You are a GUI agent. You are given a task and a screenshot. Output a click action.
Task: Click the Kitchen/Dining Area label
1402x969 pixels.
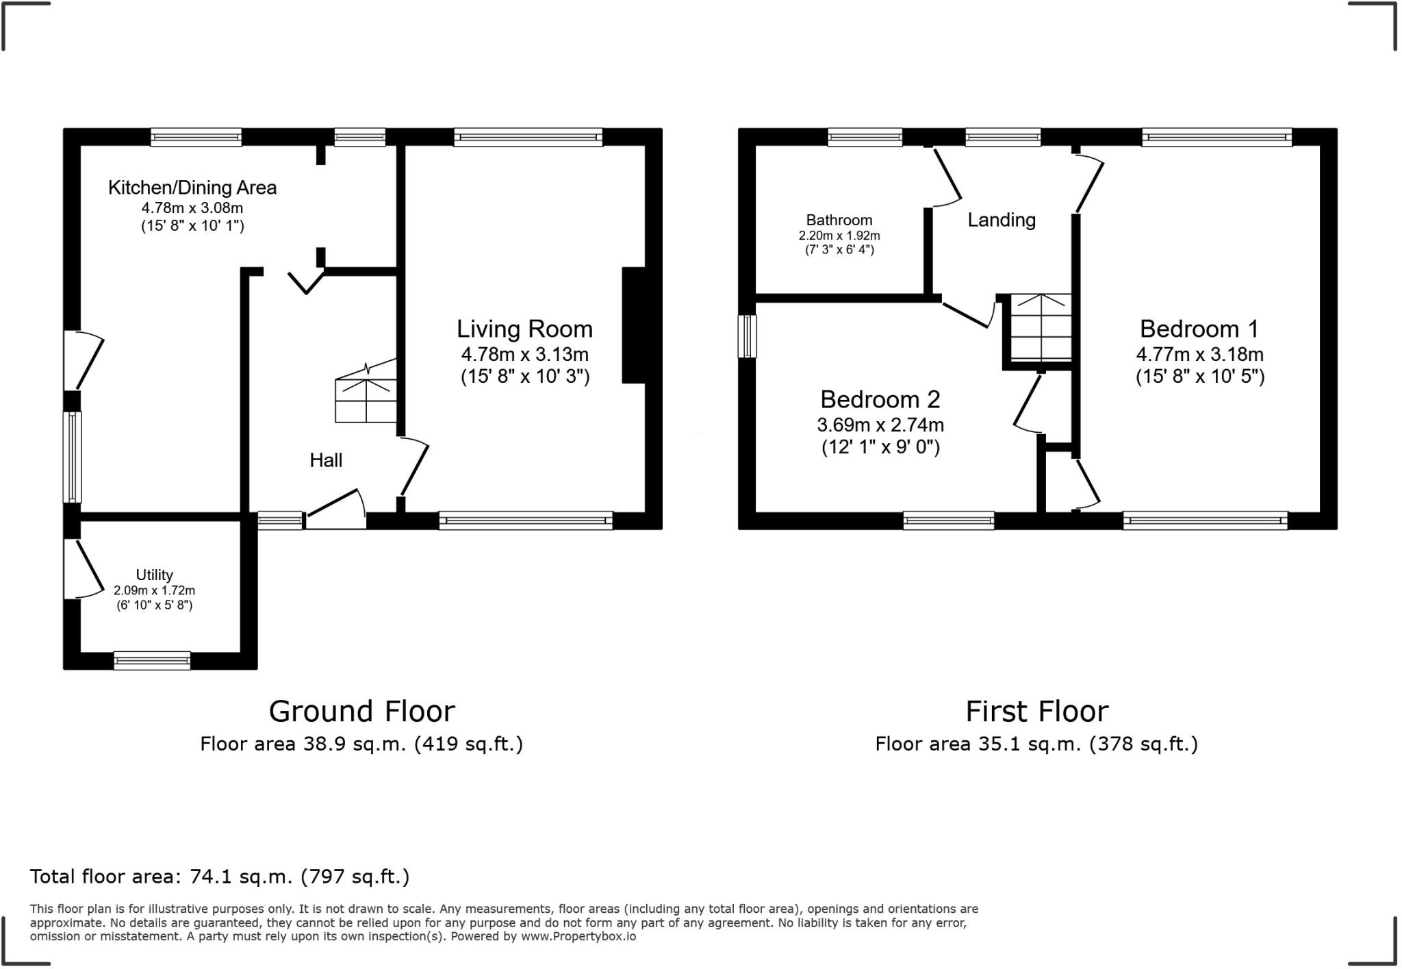point(192,188)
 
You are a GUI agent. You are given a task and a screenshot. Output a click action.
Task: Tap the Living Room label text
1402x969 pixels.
point(524,329)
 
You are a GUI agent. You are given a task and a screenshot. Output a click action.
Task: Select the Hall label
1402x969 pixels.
point(326,460)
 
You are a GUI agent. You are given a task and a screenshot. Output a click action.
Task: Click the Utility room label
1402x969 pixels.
point(154,575)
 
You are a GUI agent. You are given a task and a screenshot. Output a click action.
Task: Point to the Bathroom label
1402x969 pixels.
point(839,221)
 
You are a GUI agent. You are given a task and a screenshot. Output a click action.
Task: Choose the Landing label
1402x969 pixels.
point(1001,220)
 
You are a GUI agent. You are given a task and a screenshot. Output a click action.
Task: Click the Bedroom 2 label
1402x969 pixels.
point(880,399)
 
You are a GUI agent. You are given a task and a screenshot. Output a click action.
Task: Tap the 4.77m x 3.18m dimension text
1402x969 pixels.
point(1199,355)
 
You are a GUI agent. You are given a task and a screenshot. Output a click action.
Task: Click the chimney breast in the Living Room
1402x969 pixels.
point(633,325)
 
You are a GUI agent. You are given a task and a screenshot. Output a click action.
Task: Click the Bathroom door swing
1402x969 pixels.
point(946,178)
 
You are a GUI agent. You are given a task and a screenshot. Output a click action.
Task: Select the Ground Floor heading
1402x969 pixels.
point(361,712)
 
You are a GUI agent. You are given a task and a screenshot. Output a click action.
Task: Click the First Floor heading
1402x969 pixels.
point(1036,712)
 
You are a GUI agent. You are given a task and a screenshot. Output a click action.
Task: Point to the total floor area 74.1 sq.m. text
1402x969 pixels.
point(219,877)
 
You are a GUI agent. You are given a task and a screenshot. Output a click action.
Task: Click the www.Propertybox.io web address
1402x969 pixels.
point(578,937)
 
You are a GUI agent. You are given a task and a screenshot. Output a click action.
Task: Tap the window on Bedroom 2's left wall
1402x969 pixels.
point(747,336)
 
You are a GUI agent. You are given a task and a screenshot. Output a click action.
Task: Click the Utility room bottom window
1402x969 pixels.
point(152,660)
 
